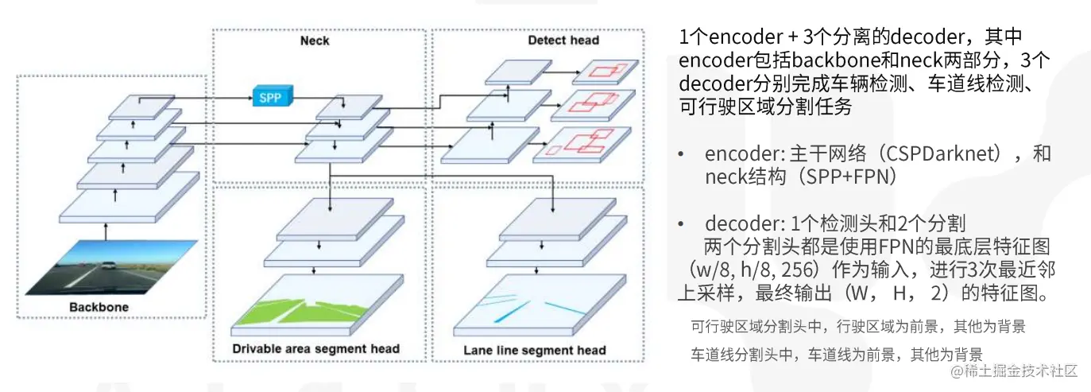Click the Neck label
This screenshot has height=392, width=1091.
[x=315, y=41]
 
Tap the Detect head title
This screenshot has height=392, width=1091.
[x=563, y=41]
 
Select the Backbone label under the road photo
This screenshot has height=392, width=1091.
[x=99, y=307]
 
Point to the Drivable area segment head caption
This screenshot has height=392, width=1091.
[x=315, y=348]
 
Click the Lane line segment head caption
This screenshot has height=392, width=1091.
[x=535, y=350]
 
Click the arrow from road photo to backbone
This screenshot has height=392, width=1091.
[x=105, y=231]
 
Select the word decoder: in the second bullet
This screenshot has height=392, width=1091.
[x=735, y=224]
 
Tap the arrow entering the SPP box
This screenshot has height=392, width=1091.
[x=230, y=98]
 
